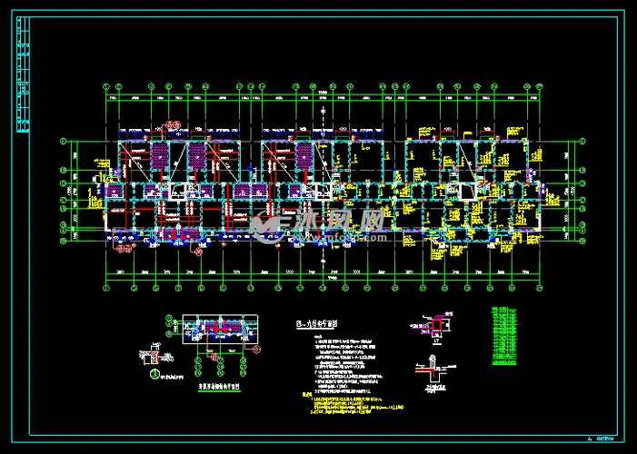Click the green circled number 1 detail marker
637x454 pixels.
(154, 374)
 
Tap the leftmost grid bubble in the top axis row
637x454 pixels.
(106, 87)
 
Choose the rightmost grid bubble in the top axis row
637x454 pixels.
(542, 87)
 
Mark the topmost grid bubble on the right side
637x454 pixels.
(582, 142)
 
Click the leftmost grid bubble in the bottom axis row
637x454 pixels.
(106, 289)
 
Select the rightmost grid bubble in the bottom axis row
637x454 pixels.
(542, 289)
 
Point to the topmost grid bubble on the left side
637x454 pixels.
(63, 142)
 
